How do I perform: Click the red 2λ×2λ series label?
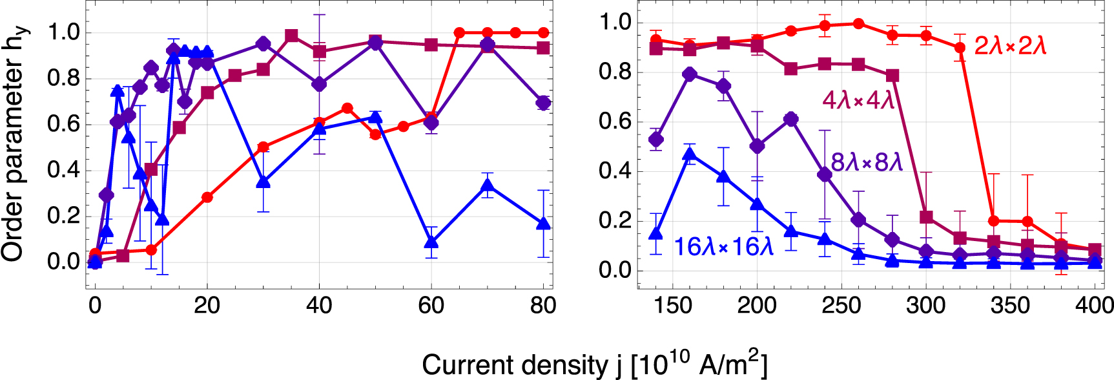tap(1010, 46)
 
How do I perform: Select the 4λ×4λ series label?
tap(858, 100)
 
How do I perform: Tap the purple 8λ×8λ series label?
tap(867, 162)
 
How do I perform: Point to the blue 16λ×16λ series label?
tap(723, 247)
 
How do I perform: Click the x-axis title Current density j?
tap(594, 364)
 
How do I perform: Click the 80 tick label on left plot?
tap(542, 305)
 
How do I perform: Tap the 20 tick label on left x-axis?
tap(207, 305)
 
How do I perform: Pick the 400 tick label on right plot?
tap(1094, 305)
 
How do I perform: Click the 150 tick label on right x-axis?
tap(673, 305)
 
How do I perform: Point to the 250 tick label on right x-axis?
tap(841, 305)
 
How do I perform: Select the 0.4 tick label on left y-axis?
tap(63, 171)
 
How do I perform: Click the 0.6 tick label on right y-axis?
tap(615, 122)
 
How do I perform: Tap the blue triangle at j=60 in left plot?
tap(431, 243)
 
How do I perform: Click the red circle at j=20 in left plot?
tap(207, 198)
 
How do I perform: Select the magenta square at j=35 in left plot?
tap(291, 36)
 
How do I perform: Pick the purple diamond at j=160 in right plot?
tap(689, 74)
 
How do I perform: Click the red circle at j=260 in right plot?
tap(858, 24)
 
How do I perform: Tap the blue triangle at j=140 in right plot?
tap(656, 233)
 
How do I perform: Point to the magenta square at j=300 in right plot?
tap(926, 216)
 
